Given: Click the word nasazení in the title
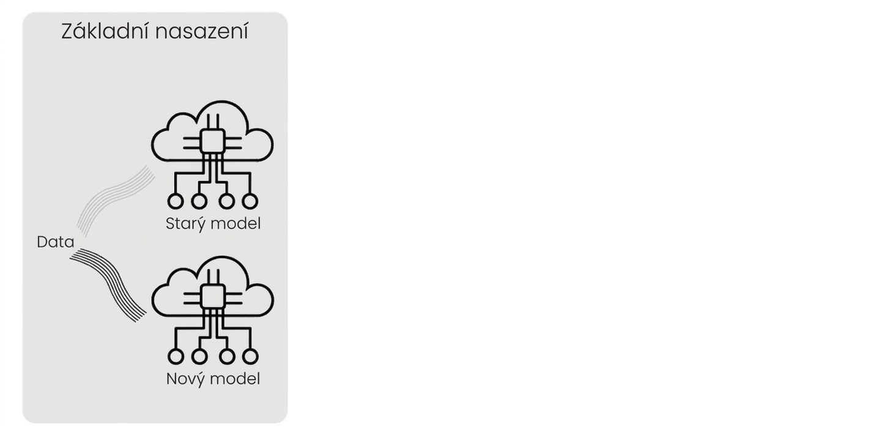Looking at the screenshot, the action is tap(202, 31).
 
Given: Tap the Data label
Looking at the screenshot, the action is tap(56, 242).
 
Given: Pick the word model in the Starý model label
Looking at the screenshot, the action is tap(236, 223).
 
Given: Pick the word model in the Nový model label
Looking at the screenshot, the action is tap(236, 379).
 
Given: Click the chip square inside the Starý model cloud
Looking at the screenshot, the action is tap(212, 141).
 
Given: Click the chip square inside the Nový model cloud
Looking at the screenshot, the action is tap(213, 296).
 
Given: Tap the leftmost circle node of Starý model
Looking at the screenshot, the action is tap(176, 201).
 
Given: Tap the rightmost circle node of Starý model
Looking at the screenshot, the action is tap(250, 201).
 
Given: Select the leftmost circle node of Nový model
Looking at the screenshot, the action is tap(176, 356).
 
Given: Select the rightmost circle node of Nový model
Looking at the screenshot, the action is tap(250, 356).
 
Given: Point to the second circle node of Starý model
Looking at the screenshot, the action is tap(199, 201).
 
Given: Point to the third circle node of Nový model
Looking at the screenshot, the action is tap(227, 356).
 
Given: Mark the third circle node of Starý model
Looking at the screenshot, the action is tap(226, 201).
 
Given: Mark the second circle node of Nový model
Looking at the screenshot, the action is tap(199, 356).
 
